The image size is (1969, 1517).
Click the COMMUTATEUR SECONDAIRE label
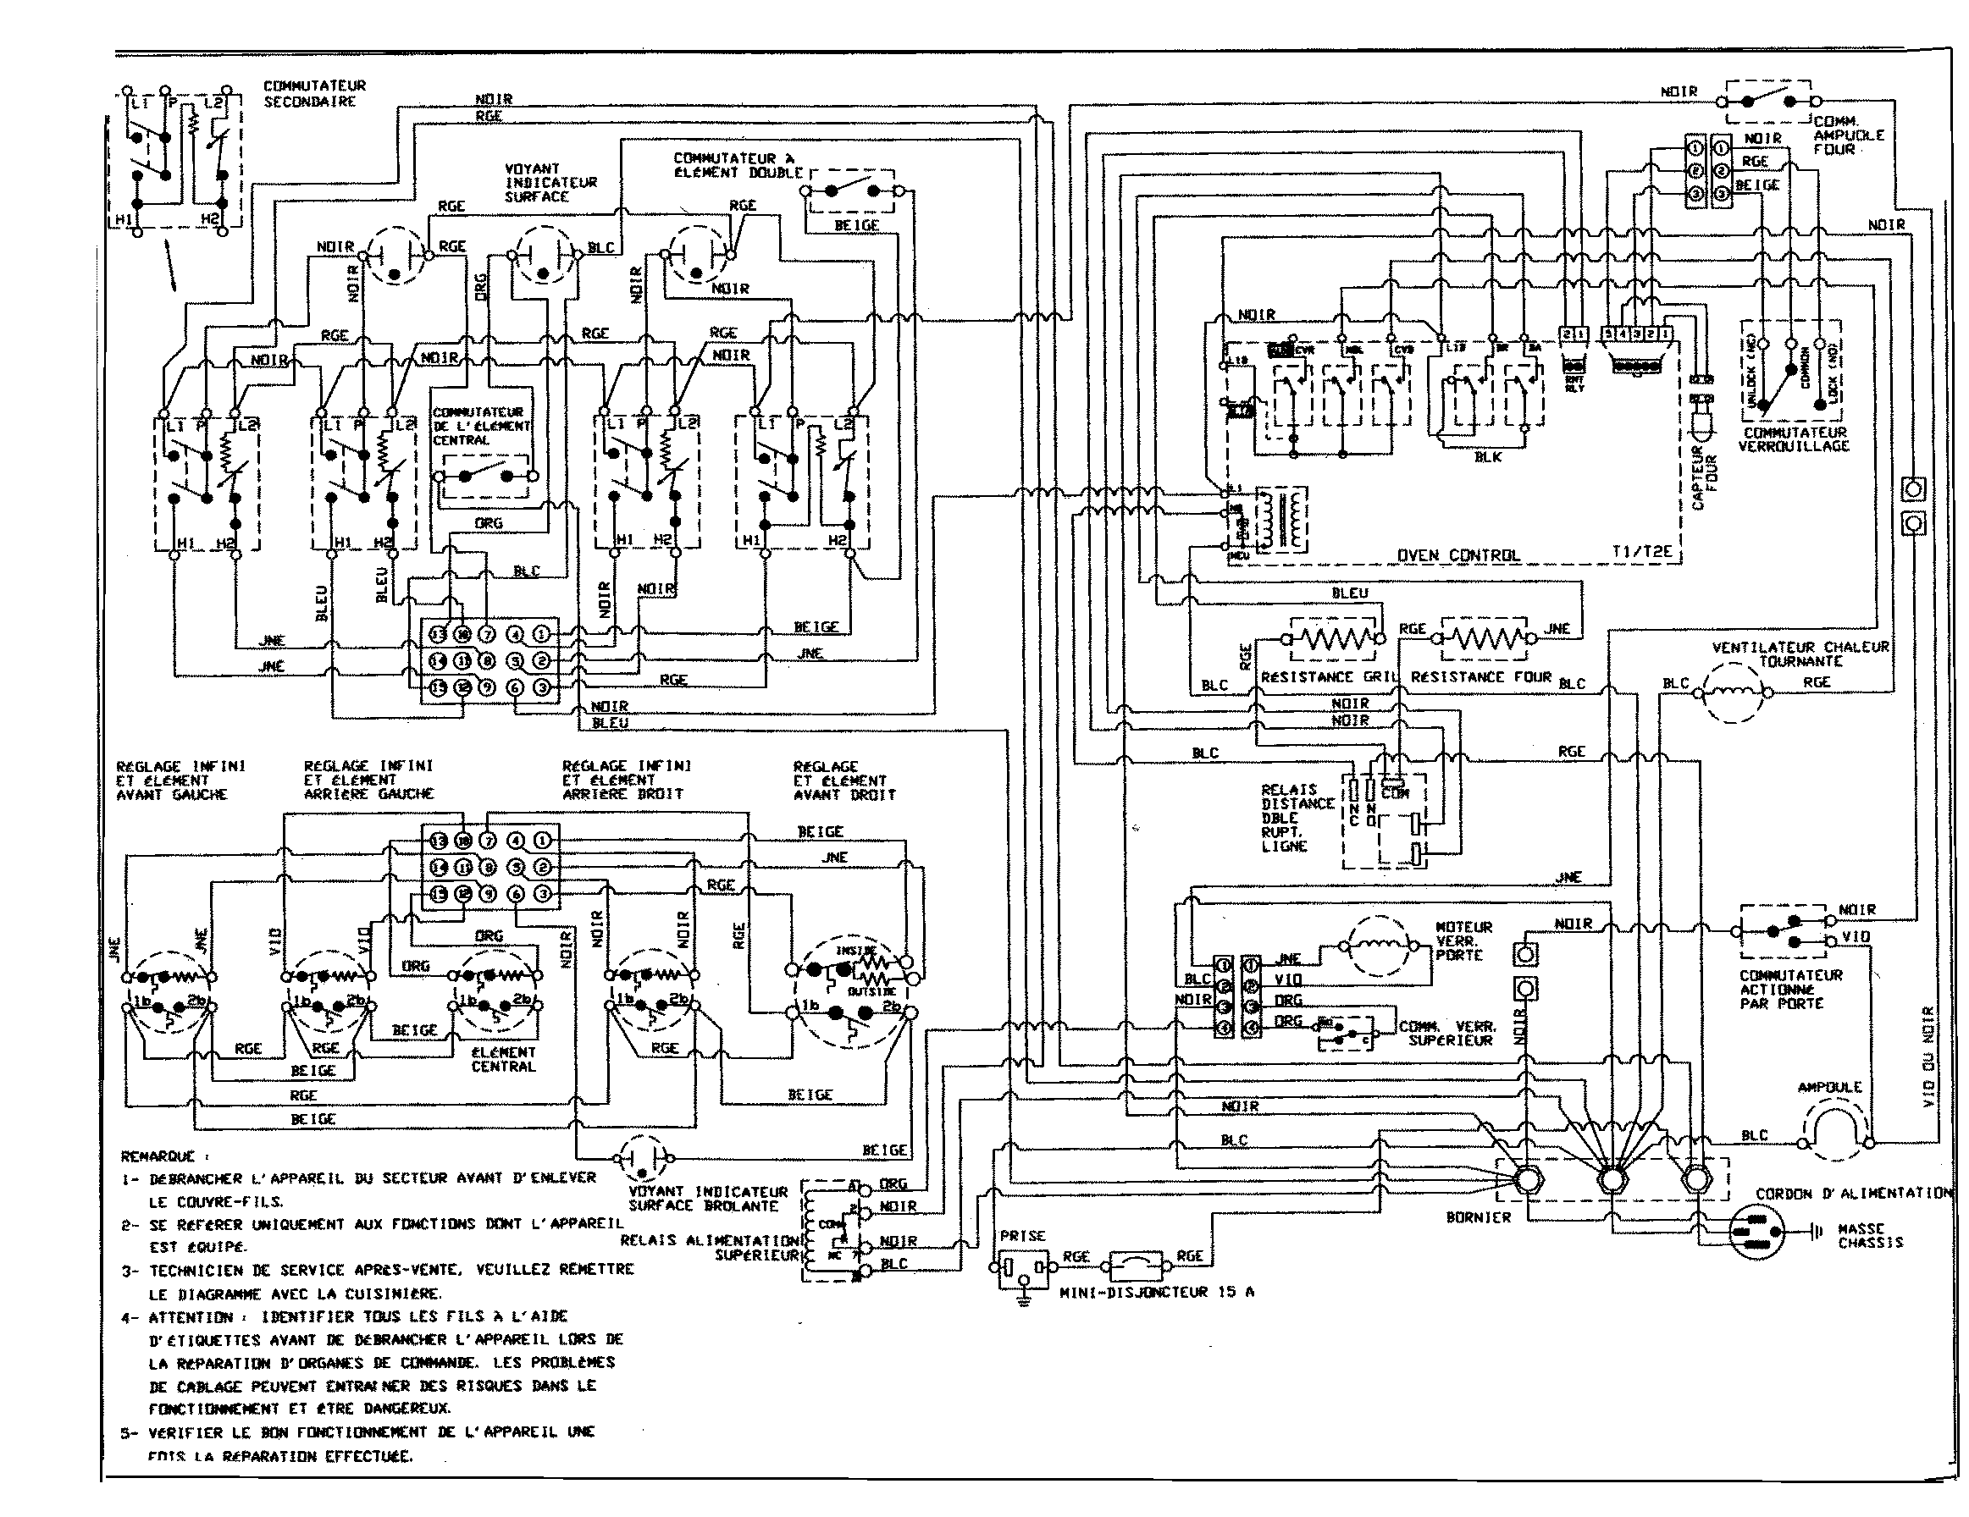[x=315, y=94]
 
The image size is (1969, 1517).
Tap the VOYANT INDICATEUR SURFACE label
[x=550, y=182]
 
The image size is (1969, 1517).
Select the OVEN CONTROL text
[x=1457, y=555]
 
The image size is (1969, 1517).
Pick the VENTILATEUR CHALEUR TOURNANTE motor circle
[x=1733, y=693]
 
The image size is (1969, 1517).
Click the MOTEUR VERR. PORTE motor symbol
[x=1377, y=946]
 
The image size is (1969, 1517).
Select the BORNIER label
[x=1478, y=1216]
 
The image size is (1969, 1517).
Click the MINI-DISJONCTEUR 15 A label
[x=1157, y=1292]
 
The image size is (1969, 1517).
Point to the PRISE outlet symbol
[x=1023, y=1269]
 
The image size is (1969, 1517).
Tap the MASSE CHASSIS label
[x=1870, y=1235]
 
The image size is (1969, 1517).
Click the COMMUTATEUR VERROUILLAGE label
[x=1794, y=439]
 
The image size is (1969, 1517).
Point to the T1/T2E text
[x=1642, y=553]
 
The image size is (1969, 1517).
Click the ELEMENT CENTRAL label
[x=503, y=1059]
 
